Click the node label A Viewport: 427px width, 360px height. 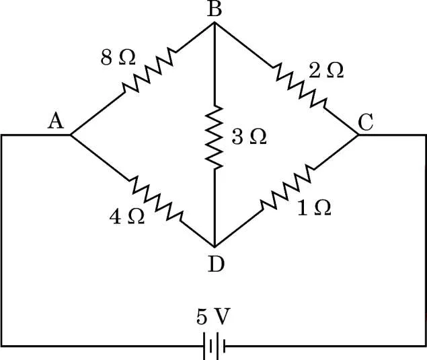click(56, 122)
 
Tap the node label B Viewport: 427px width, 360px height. click(215, 10)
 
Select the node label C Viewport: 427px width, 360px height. click(365, 122)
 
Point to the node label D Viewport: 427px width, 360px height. click(216, 264)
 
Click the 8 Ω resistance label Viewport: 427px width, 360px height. click(118, 58)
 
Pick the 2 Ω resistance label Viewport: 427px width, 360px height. click(326, 71)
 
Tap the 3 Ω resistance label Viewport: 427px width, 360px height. click(249, 137)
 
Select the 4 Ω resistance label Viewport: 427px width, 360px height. click(127, 217)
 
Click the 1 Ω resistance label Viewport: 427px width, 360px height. click(315, 208)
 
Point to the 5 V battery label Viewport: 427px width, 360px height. click(214, 317)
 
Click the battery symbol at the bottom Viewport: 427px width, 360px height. click(215, 346)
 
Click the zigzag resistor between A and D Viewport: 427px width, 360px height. click(156, 199)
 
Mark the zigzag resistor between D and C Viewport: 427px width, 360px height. click(287, 187)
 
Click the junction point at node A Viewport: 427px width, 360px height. click(71, 135)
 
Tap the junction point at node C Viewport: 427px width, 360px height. click(358, 135)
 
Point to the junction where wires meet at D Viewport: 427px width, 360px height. click(215, 247)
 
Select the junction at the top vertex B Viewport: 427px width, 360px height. click(215, 23)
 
